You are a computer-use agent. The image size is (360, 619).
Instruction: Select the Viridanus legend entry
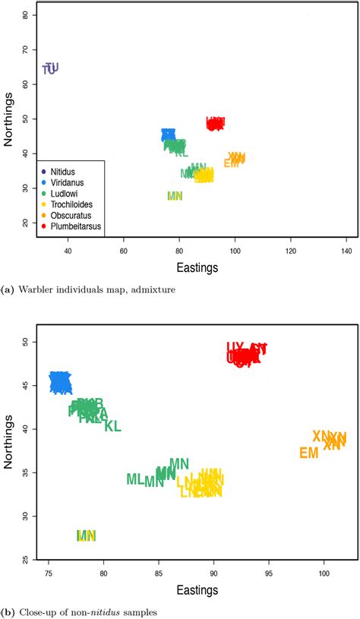point(64,183)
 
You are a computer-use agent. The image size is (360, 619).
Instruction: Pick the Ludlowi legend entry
point(62,194)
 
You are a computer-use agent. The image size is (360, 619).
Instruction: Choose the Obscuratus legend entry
point(66,215)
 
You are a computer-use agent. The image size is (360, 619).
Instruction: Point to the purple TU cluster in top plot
point(50,68)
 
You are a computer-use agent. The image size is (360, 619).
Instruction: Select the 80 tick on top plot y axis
point(27,15)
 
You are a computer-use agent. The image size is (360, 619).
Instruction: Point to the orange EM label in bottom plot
point(308,453)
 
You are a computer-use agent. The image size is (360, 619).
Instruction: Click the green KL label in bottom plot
point(112,426)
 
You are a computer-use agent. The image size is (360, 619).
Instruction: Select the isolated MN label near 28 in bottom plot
point(87,535)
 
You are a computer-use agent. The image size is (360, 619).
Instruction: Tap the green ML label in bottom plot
point(134,479)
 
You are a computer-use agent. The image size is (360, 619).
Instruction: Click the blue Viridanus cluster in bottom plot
point(61,382)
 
